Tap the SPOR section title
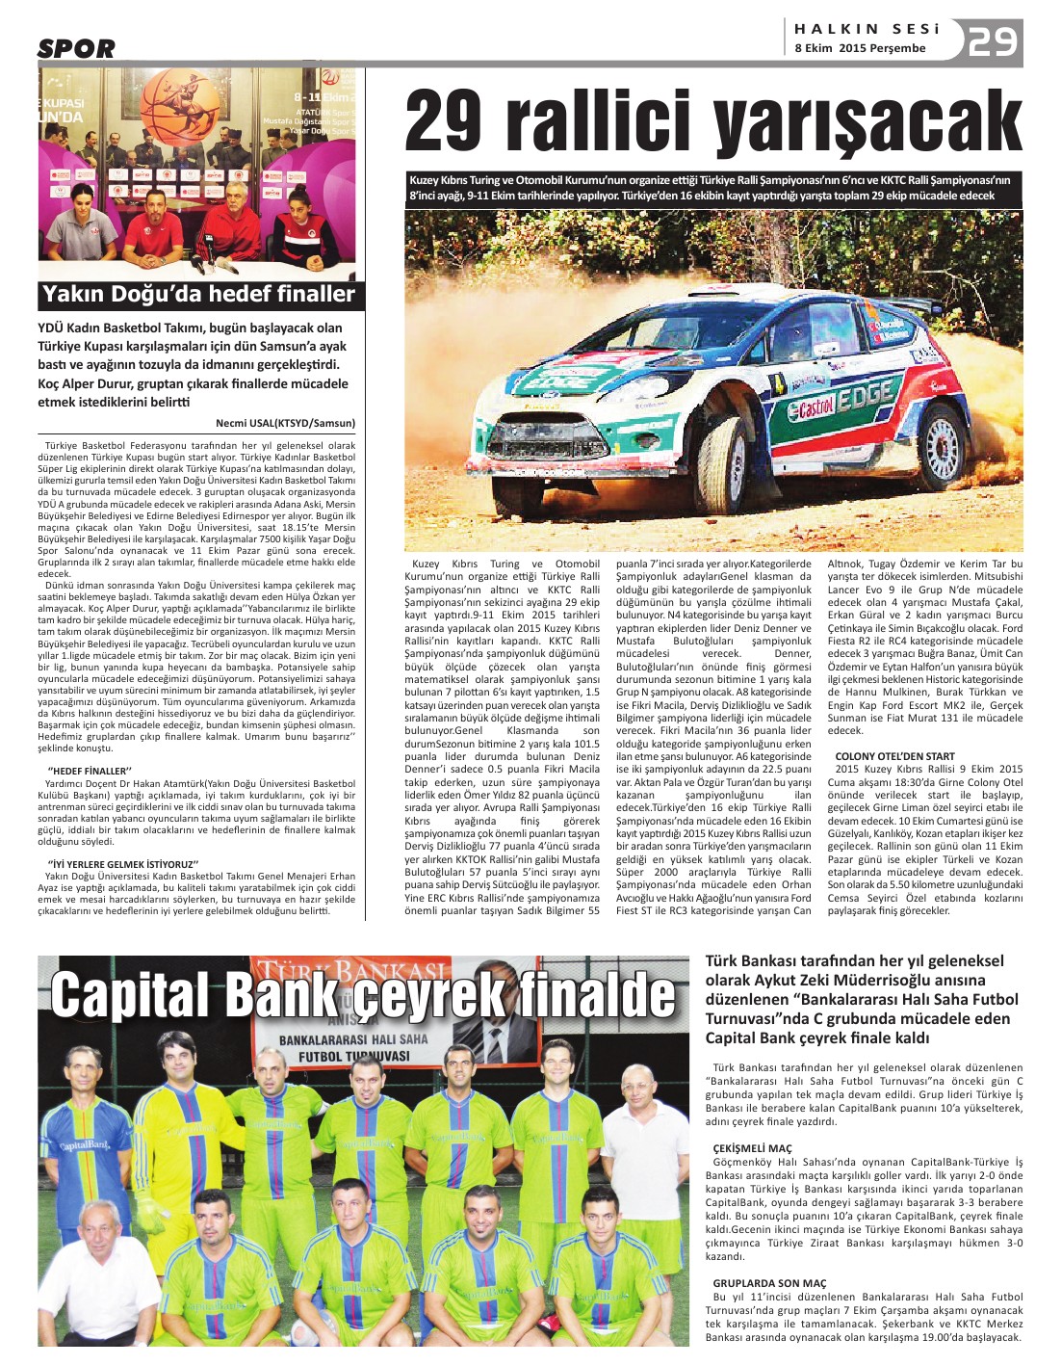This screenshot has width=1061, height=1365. click(x=76, y=48)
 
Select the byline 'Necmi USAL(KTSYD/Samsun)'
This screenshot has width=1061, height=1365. click(x=285, y=423)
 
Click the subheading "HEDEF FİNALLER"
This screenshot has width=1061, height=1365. click(x=88, y=771)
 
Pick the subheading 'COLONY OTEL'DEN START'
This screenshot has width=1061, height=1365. click(x=894, y=756)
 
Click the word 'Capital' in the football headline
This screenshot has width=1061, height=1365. click(x=131, y=995)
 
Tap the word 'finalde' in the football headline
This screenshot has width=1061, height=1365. click(x=595, y=995)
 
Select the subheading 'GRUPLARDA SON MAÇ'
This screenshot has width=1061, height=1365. click(x=769, y=1283)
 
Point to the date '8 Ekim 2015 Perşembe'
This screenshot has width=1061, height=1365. click(x=860, y=48)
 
